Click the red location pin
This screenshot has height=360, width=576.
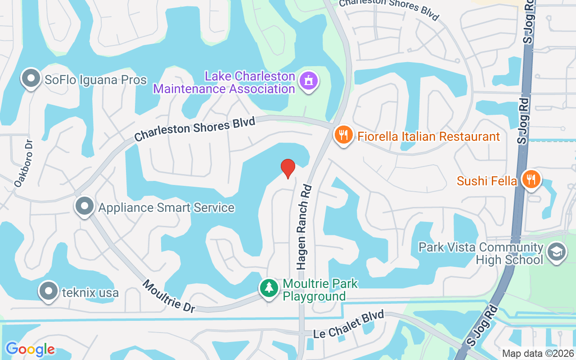(288, 168)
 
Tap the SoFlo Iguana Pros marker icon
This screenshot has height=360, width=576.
(31, 79)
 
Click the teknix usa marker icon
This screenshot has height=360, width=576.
(49, 291)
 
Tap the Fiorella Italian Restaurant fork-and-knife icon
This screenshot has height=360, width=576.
(344, 135)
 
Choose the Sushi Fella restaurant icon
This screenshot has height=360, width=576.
(531, 179)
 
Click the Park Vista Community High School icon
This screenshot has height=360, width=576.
(556, 253)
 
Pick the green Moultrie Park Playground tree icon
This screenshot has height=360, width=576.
(269, 288)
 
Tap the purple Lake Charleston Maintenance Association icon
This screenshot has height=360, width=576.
(308, 81)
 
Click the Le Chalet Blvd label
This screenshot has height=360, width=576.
(349, 324)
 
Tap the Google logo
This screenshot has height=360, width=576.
(30, 349)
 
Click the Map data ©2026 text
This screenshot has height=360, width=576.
(537, 354)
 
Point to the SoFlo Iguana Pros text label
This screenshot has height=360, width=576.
(95, 80)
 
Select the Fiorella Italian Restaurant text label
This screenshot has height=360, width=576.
(429, 136)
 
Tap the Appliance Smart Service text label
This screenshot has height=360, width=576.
(166, 207)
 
